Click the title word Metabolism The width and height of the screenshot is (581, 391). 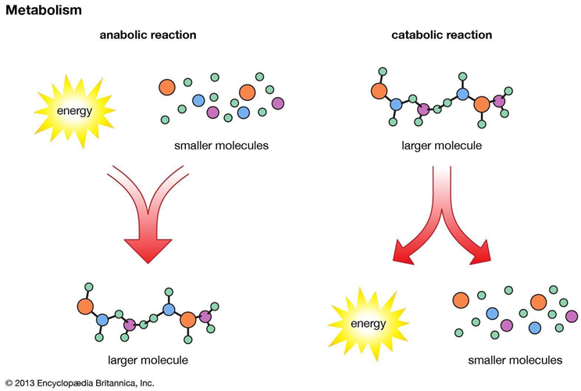pos(40,10)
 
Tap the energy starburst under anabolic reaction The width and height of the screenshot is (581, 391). pos(74,110)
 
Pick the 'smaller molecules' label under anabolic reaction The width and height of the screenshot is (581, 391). pos(219,145)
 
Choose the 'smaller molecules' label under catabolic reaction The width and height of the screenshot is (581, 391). pos(515,360)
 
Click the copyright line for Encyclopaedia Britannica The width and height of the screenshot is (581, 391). pos(79,382)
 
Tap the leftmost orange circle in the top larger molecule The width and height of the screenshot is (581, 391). pos(380,90)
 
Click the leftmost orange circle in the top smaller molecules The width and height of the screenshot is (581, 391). pos(167,86)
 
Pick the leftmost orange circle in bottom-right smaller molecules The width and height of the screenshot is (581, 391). pos(460,299)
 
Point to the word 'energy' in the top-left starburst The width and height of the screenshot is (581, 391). pos(74,110)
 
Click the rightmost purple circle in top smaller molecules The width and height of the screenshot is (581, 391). pos(278,102)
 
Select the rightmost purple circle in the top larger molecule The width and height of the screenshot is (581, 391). pos(500,100)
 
